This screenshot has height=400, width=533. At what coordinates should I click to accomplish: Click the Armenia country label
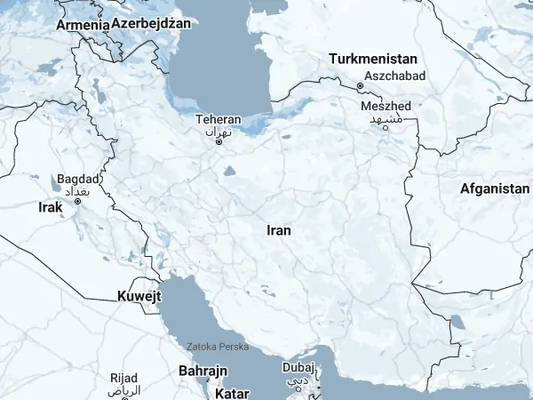83,25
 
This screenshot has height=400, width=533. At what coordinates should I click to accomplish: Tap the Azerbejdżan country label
151,23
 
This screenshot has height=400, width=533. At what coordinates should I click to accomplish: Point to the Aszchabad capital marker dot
360,86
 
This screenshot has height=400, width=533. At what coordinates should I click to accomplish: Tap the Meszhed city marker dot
386,127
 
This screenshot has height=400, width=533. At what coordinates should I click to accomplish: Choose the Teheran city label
219,119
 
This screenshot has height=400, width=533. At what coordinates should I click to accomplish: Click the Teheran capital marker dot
219,140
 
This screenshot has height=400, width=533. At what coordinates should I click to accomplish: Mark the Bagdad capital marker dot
78,201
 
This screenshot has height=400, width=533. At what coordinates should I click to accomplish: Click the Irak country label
51,207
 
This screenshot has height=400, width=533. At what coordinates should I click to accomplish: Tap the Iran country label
279,230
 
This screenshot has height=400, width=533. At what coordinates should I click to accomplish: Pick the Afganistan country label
495,188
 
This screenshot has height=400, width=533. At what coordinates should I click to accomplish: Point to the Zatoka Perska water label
219,347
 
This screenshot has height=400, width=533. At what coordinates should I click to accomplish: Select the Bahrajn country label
204,369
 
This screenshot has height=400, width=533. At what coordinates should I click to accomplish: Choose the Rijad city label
124,379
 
